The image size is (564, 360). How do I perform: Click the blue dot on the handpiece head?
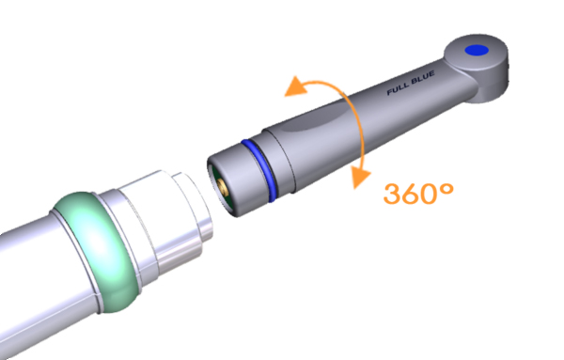477,51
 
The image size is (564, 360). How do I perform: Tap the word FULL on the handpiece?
399,88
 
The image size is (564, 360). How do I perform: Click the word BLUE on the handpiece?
423,78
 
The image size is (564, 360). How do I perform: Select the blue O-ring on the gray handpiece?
259,169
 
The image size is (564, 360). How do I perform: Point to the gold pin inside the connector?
222,188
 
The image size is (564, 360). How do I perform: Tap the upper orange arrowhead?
295,87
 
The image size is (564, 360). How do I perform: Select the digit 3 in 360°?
393,194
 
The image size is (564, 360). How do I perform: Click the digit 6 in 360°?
413,194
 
